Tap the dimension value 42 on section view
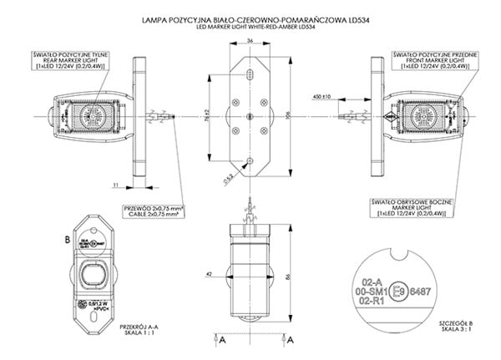207,272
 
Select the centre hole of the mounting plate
247,116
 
